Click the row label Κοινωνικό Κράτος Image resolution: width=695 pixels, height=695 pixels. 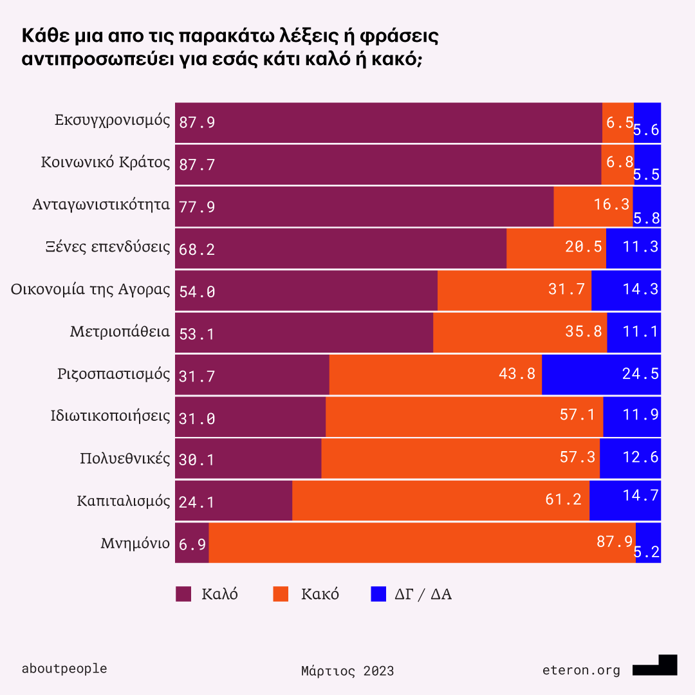(106, 162)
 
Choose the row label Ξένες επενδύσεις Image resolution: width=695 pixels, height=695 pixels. (112, 247)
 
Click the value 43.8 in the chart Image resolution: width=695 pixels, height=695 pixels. (517, 374)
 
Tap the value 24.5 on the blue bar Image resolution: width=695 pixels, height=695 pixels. (640, 374)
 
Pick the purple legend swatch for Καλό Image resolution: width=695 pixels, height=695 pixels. (183, 594)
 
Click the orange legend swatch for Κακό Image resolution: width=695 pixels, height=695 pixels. (281, 594)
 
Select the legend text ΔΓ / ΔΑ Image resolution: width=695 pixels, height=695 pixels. (423, 594)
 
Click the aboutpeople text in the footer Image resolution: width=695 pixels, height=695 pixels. (64, 669)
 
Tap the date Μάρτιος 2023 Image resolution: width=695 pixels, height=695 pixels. (347, 671)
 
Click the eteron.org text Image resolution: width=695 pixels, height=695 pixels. (581, 671)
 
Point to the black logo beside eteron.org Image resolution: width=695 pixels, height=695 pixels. (655, 666)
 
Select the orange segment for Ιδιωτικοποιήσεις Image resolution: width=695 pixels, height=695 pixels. (464, 416)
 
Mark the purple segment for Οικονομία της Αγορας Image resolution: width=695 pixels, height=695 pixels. (306, 290)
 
